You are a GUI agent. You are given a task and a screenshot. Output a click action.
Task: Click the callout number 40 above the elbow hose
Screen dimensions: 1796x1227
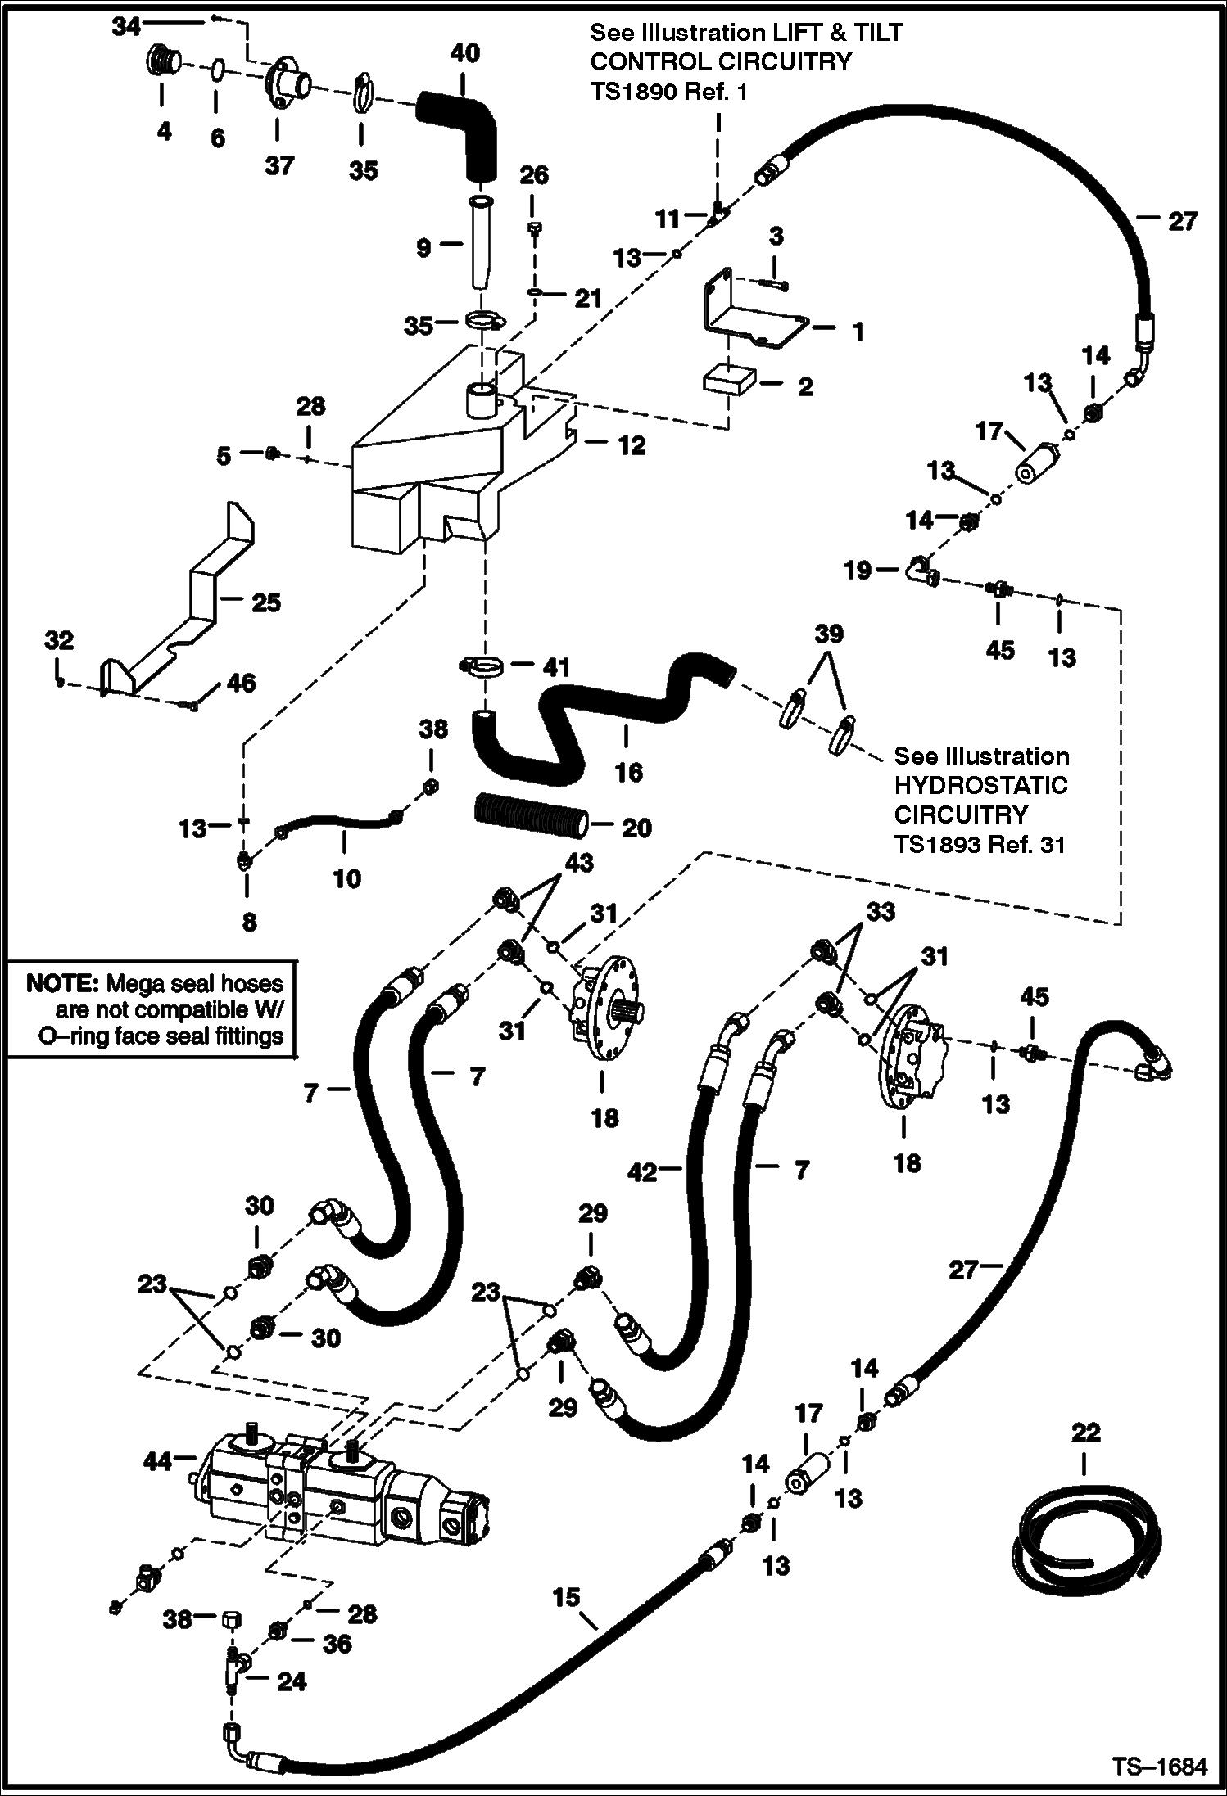[x=464, y=54]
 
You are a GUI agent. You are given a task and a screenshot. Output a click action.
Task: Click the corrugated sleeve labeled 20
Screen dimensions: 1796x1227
[x=531, y=818]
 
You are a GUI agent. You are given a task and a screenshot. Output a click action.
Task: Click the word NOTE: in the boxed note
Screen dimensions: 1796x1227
[x=61, y=983]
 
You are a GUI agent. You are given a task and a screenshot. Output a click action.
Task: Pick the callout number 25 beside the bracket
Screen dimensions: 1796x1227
[x=266, y=602]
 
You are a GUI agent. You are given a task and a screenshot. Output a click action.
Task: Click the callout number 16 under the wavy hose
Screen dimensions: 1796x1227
[x=628, y=771]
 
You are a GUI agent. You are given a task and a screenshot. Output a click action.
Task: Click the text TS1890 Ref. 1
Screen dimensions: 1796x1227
[x=668, y=92]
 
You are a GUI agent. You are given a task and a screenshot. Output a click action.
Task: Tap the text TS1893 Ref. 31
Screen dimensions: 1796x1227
[x=980, y=844]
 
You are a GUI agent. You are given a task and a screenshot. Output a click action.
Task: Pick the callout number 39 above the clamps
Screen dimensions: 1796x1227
[x=828, y=634]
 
